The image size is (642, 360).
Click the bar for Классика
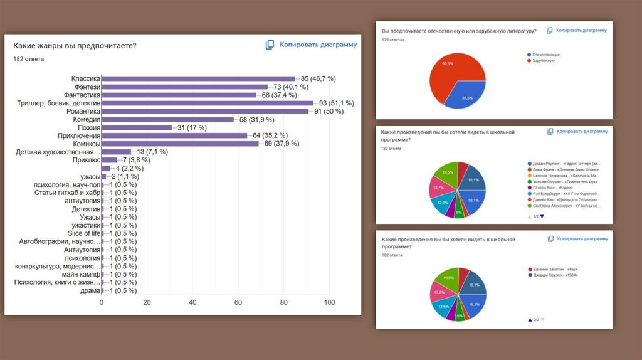(x=198, y=78)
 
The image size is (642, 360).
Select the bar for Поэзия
(x=137, y=127)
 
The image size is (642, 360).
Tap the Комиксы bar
(x=180, y=144)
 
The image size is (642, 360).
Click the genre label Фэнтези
(x=85, y=87)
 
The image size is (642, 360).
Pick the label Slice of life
(x=84, y=233)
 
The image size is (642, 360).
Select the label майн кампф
(x=81, y=274)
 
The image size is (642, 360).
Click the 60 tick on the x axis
(x=238, y=302)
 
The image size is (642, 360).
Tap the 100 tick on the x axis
(x=329, y=302)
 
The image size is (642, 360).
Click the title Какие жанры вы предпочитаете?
(x=75, y=45)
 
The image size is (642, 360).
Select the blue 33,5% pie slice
(x=468, y=93)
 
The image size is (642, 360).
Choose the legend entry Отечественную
(x=545, y=55)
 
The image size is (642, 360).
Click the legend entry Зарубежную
(x=543, y=61)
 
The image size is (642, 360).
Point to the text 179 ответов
(x=393, y=40)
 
